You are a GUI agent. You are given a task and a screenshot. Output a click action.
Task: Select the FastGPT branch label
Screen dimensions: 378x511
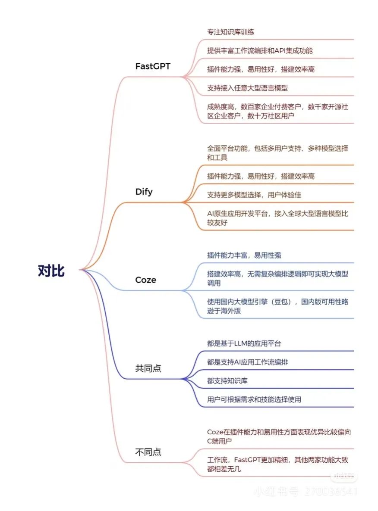click(x=153, y=66)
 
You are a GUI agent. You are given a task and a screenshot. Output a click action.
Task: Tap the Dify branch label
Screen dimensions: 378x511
click(x=144, y=192)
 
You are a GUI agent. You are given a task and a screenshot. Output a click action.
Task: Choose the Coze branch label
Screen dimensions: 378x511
click(x=146, y=280)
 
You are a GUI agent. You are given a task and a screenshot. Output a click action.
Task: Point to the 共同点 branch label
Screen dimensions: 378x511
click(x=148, y=368)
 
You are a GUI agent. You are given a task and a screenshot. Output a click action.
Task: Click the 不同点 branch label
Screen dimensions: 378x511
click(x=148, y=452)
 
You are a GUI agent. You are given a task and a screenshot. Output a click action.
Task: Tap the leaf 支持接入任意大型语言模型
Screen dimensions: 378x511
click(x=247, y=88)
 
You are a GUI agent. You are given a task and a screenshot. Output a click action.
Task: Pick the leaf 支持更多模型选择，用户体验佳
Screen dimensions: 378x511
click(x=254, y=195)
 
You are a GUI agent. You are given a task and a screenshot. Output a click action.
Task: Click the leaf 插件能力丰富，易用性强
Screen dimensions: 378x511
click(x=244, y=255)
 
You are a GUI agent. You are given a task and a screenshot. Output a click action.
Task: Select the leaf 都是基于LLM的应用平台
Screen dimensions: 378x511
click(x=244, y=344)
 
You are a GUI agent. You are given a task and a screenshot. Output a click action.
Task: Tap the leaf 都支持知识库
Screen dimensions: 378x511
click(x=227, y=381)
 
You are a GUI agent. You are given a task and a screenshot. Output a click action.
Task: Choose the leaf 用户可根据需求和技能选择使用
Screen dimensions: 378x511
click(x=254, y=400)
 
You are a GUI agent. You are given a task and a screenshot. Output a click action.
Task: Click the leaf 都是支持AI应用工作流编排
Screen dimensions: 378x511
click(x=248, y=362)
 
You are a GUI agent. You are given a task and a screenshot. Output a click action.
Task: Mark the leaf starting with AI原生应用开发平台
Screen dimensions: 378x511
click(x=277, y=218)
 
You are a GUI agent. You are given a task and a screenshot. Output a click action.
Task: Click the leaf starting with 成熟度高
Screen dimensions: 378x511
click(x=277, y=111)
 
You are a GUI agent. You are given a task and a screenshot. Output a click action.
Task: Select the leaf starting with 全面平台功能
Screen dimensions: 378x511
click(x=277, y=153)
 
